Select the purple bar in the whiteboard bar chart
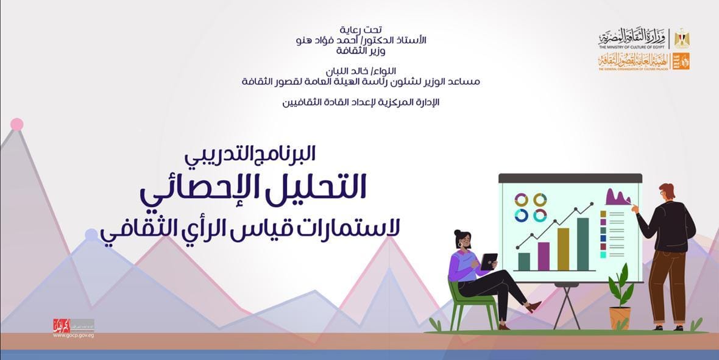[x=543, y=256]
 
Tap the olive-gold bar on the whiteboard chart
[x=563, y=249]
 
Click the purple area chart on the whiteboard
[x=617, y=197]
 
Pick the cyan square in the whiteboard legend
[x=603, y=255]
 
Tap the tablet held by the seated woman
[x=489, y=261]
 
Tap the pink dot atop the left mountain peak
[x=17, y=124]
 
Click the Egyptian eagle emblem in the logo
[x=681, y=38]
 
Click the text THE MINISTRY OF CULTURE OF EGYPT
[x=632, y=47]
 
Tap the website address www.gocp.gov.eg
[x=73, y=335]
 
